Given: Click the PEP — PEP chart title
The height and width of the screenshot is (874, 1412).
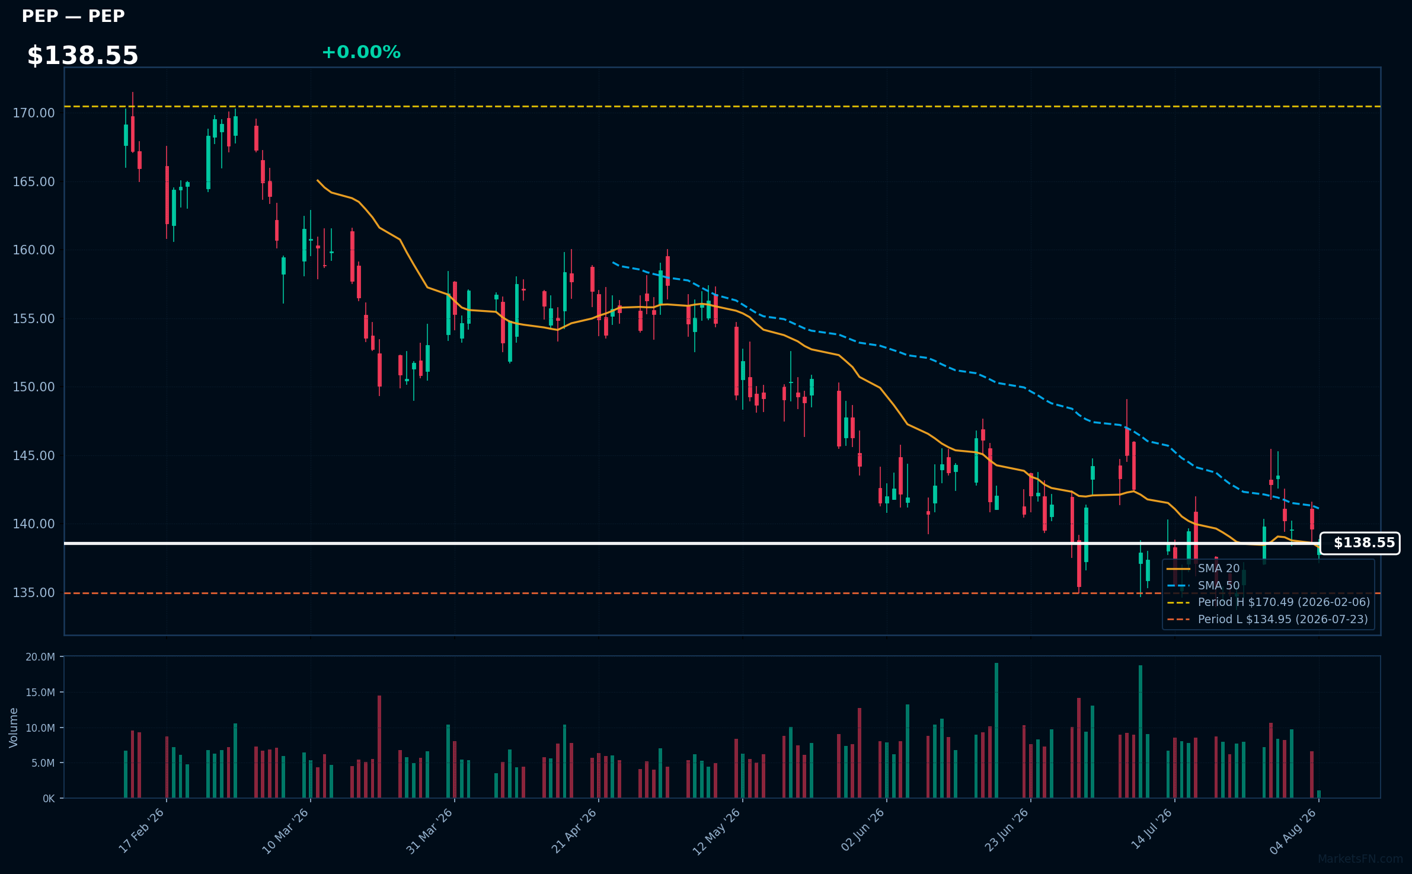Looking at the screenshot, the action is point(73,16).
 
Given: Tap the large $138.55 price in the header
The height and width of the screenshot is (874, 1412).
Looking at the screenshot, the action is point(82,56).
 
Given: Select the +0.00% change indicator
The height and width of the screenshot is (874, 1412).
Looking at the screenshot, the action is point(361,52).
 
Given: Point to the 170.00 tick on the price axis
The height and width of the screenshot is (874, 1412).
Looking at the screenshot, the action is point(34,113).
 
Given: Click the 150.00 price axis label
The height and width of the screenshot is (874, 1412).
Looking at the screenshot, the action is point(34,387).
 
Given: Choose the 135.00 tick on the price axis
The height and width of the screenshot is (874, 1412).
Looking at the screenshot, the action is point(34,592).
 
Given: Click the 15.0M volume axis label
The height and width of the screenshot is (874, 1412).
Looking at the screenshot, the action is point(40,692).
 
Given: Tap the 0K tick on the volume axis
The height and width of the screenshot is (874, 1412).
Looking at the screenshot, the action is point(49,798).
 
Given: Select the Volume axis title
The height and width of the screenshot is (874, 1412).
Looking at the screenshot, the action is point(14,728).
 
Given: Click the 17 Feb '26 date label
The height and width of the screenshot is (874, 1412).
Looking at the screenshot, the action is point(142,831).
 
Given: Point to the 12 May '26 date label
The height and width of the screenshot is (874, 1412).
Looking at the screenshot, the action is point(717,831).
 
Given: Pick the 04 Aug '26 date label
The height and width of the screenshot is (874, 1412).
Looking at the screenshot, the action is point(1293,831).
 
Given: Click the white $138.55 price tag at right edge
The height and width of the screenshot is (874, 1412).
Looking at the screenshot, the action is point(1360,543).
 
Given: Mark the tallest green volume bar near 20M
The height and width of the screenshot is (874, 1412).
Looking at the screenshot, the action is point(996,730).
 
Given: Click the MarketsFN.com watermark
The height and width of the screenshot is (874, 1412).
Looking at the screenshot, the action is point(1360,859).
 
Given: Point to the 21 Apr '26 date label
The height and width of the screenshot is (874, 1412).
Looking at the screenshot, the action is point(574,831).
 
